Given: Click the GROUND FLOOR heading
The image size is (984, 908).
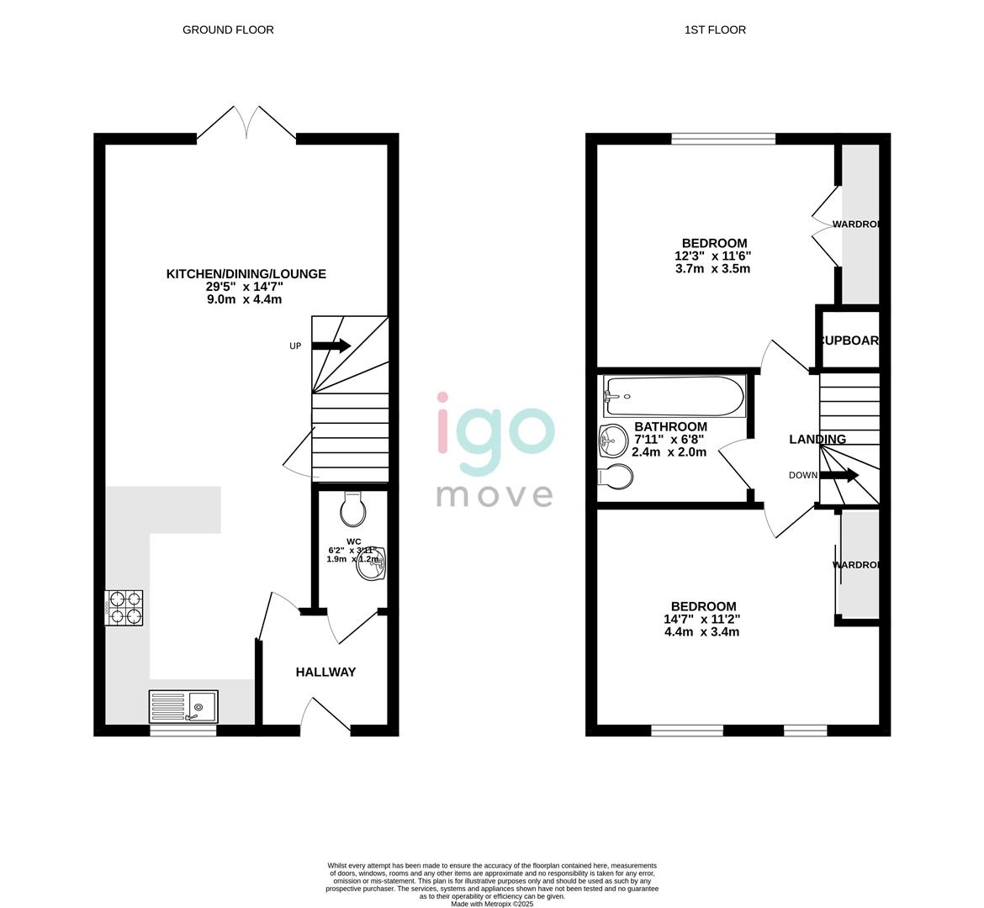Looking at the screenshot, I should pyautogui.click(x=228, y=29).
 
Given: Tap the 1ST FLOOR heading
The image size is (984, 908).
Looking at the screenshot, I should pyautogui.click(x=715, y=29).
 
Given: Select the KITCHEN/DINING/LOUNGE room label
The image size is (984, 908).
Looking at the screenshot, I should pyautogui.click(x=246, y=274).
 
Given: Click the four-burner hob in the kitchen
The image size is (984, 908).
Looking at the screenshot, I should pyautogui.click(x=124, y=608).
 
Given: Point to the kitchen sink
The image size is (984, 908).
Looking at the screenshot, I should pyautogui.click(x=183, y=706).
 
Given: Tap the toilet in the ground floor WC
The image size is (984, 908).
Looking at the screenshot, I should pyautogui.click(x=352, y=508).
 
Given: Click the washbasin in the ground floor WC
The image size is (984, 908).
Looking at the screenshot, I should pyautogui.click(x=372, y=564).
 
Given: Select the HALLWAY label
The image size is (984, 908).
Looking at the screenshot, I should pyautogui.click(x=325, y=672).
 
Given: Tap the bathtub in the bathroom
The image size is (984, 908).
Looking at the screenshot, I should pyautogui.click(x=675, y=396).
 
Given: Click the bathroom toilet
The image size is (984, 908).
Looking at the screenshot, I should pyautogui.click(x=616, y=477).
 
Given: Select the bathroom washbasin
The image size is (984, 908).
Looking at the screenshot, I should pyautogui.click(x=613, y=439).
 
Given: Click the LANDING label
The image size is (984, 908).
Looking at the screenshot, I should pyautogui.click(x=817, y=440).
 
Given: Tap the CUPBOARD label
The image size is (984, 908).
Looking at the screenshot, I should pyautogui.click(x=849, y=340).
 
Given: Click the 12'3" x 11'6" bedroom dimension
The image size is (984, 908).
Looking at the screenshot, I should pyautogui.click(x=712, y=256).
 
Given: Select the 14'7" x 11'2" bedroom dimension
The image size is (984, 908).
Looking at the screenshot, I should pyautogui.click(x=702, y=619).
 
